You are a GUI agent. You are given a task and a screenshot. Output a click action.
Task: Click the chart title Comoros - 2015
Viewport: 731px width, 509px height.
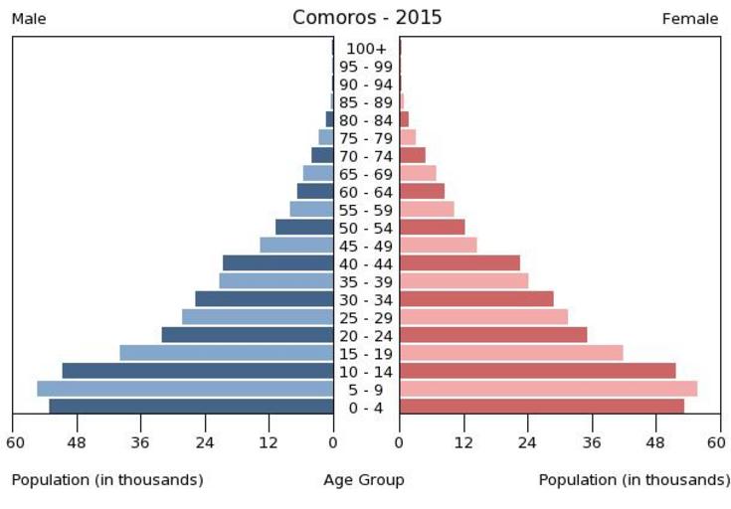click(x=367, y=18)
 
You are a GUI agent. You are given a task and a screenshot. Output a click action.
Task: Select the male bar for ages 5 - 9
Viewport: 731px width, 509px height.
click(x=185, y=389)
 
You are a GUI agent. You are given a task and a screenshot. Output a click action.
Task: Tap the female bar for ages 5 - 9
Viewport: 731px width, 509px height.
click(x=548, y=389)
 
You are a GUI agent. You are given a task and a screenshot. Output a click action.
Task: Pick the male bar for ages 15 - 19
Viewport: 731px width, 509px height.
click(x=226, y=353)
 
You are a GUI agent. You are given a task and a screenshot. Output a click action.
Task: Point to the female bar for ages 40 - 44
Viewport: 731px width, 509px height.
click(x=459, y=263)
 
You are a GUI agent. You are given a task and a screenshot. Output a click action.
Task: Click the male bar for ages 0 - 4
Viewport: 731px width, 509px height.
click(x=191, y=407)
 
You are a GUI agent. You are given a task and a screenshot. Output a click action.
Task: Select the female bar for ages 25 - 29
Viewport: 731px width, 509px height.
click(x=483, y=317)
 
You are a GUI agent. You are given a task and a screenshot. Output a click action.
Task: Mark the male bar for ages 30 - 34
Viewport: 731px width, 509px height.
click(x=264, y=299)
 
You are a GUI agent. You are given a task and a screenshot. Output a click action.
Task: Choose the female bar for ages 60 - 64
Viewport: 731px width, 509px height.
click(x=422, y=191)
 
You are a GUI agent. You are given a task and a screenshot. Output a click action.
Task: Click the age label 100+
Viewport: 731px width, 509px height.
click(x=366, y=49)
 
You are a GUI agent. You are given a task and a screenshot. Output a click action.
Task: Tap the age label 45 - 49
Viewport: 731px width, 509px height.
click(x=366, y=246)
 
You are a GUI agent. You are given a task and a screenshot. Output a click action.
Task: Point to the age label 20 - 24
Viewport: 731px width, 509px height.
click(x=366, y=336)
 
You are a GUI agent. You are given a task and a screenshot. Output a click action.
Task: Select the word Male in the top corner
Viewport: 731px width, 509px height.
click(x=29, y=19)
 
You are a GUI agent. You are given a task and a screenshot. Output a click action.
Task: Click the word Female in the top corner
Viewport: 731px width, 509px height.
click(x=690, y=19)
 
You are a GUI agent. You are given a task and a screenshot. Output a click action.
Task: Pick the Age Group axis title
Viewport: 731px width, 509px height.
click(x=364, y=480)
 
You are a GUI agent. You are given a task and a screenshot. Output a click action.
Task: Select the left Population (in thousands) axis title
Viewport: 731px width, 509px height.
click(x=107, y=480)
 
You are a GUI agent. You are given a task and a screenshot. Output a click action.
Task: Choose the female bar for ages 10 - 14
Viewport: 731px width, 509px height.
click(x=537, y=371)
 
